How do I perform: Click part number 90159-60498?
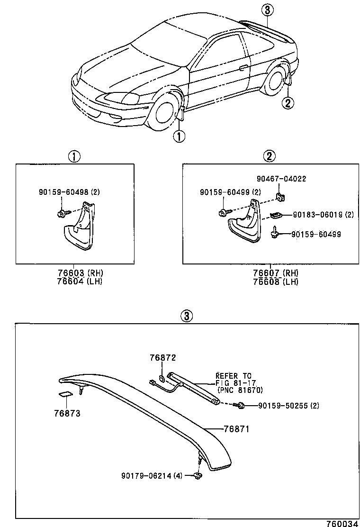click(70, 192)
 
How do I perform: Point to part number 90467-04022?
click(281, 179)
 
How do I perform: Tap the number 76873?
click(67, 413)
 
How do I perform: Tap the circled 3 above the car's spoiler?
click(267, 9)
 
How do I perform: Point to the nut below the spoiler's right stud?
click(198, 475)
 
